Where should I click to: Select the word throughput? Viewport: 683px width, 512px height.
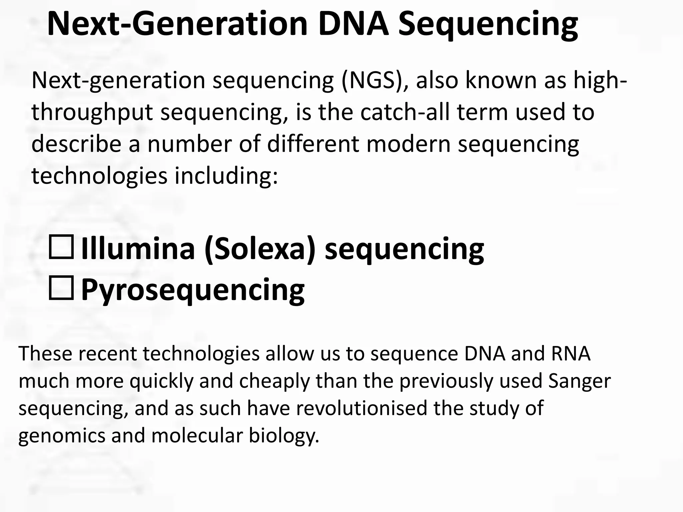point(92,113)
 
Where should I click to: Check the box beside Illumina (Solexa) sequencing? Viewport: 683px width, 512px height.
point(61,247)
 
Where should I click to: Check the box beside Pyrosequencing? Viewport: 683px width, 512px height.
point(61,288)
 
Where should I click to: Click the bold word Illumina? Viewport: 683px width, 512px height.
point(138,248)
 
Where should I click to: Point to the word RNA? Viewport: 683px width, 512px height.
point(571,354)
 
